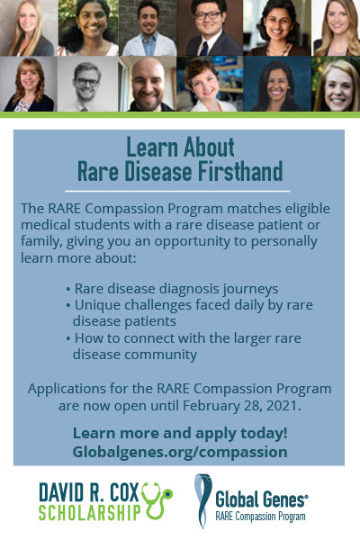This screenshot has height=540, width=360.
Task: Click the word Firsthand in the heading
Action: tap(241, 170)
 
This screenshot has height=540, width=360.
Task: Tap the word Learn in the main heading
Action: tap(152, 147)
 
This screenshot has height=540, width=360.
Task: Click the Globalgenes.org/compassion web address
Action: tap(180, 452)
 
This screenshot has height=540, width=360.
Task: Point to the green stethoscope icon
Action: tap(157, 500)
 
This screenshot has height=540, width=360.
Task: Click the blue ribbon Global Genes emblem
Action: tap(203, 500)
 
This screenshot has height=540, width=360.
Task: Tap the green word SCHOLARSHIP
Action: tap(90, 512)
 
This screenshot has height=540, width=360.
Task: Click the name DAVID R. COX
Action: tap(89, 492)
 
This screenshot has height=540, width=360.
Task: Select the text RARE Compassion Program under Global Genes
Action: tap(260, 517)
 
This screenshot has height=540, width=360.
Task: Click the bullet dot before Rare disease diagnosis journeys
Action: tap(68, 289)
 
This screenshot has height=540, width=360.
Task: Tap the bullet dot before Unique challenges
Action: tap(68, 305)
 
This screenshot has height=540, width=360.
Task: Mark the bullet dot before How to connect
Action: tap(68, 338)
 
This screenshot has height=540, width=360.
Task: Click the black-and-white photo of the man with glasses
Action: tap(88, 84)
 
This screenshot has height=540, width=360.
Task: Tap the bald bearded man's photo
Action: tap(148, 84)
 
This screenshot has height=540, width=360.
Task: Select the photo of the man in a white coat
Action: tap(148, 28)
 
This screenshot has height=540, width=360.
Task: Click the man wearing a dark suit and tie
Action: tap(210, 28)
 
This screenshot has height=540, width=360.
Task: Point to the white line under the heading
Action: tap(177, 191)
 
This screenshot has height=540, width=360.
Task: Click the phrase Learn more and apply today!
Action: tap(180, 434)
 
